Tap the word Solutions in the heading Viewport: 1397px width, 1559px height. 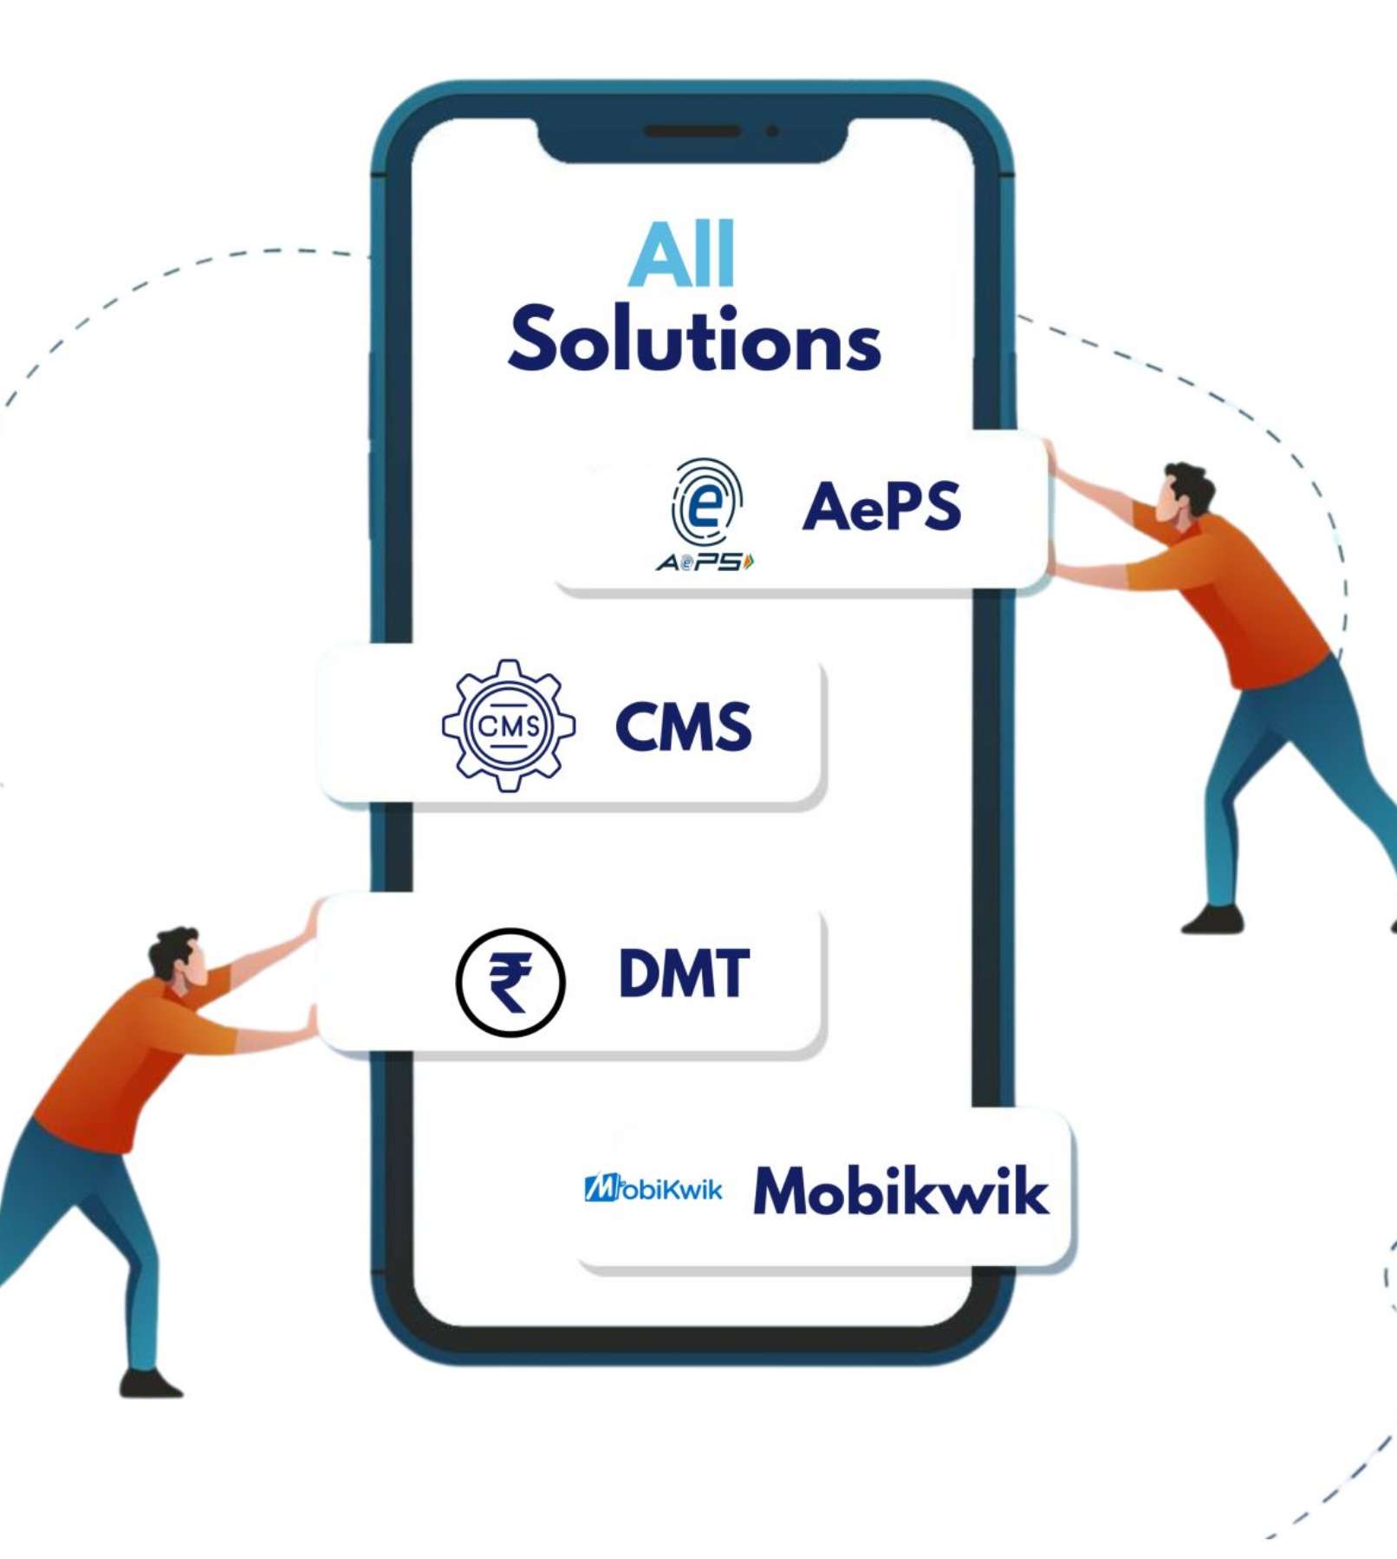click(694, 340)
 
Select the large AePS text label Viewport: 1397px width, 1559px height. click(881, 506)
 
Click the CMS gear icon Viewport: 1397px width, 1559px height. click(509, 725)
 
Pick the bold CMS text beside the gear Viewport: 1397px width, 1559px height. click(683, 726)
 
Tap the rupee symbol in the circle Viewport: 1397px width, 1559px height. click(510, 982)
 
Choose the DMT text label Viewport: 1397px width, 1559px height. click(684, 973)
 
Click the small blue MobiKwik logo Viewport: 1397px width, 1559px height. click(653, 1188)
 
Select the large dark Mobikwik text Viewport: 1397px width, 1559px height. click(900, 1191)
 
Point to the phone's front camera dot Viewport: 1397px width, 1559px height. click(772, 132)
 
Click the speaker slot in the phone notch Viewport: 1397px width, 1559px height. click(692, 132)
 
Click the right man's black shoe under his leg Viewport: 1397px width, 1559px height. click(1212, 920)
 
